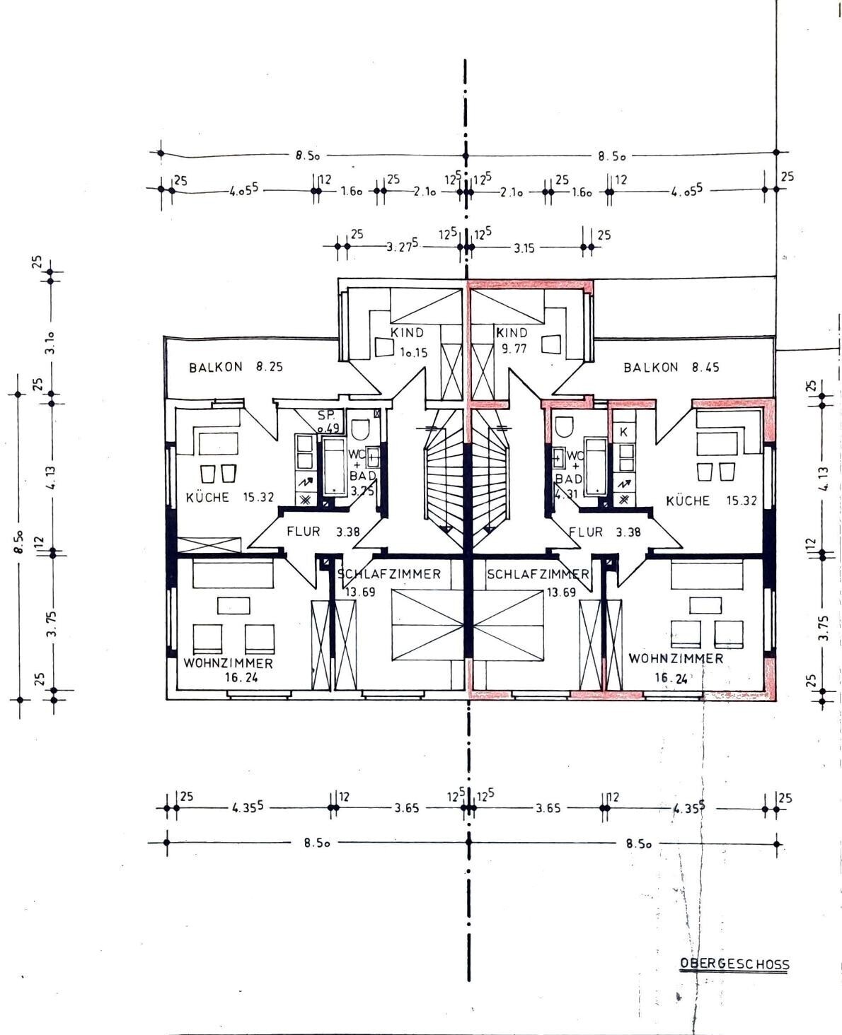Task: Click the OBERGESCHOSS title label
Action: pos(734,963)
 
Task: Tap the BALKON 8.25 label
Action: pos(236,367)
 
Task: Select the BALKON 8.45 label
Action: pos(671,367)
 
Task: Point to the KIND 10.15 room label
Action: pos(409,342)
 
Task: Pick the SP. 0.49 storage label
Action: pos(328,422)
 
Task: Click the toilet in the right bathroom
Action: pos(565,427)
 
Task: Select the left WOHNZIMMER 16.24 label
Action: pos(229,670)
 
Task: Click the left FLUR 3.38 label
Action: pos(323,532)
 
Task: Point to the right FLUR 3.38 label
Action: pos(604,532)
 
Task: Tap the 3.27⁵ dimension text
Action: pos(403,246)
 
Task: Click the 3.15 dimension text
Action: pos(524,248)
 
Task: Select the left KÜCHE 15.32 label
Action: pos(230,497)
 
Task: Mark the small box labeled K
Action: pos(624,432)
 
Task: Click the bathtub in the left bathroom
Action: pos(335,465)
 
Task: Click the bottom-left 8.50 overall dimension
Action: pos(317,843)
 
